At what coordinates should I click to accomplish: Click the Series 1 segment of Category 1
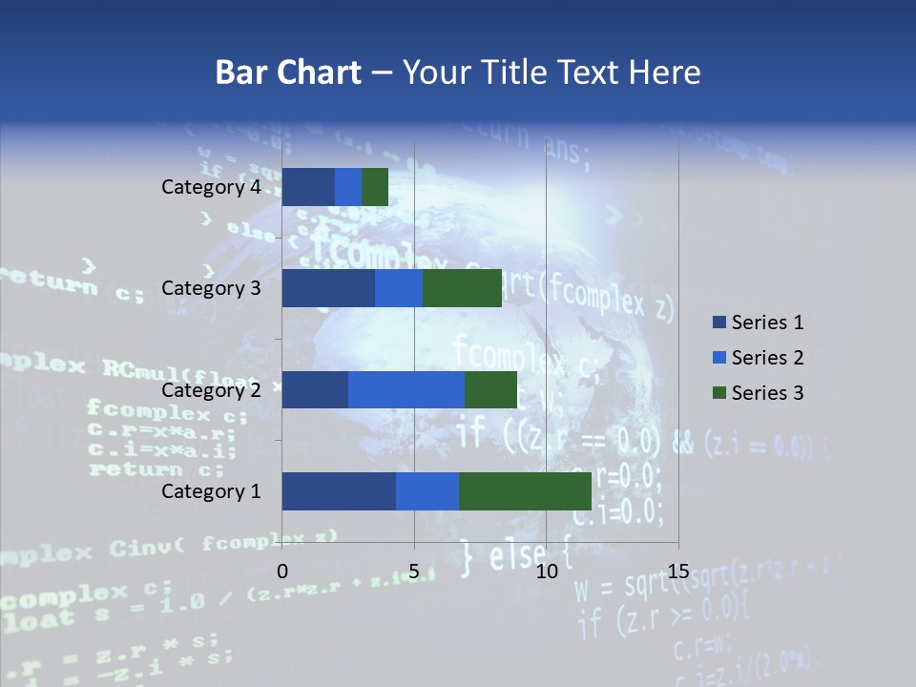[x=339, y=491]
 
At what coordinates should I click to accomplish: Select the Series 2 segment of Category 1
[x=427, y=491]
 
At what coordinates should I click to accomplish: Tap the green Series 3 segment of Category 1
[x=525, y=491]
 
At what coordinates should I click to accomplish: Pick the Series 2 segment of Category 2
[x=406, y=389]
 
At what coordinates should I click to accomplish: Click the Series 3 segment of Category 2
[x=490, y=389]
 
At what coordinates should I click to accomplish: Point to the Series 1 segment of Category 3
[x=328, y=288]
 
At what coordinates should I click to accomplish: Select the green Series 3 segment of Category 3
[x=462, y=288]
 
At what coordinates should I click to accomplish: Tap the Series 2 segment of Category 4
[x=348, y=187]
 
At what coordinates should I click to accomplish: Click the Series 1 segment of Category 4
[x=308, y=187]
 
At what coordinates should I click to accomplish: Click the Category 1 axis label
[x=211, y=491]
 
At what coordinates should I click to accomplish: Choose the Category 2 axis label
[x=211, y=389]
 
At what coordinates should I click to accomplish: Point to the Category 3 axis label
[x=211, y=288]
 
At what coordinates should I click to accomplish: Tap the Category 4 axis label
[x=211, y=187]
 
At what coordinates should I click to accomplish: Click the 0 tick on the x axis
[x=282, y=572]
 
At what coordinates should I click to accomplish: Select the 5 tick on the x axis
[x=414, y=572]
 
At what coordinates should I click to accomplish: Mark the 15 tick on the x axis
[x=678, y=572]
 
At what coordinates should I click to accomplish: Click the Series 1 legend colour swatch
[x=718, y=323]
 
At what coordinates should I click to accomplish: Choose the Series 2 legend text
[x=767, y=358]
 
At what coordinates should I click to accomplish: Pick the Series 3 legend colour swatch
[x=718, y=393]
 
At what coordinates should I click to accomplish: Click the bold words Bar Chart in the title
[x=287, y=73]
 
